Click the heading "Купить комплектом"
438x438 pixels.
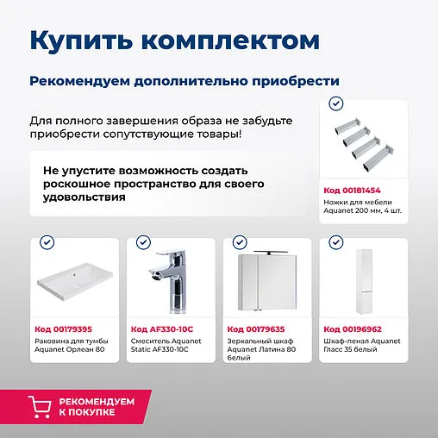point(174,41)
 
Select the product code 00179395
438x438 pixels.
point(63,328)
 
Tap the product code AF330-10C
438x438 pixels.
point(161,328)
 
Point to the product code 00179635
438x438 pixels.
point(255,328)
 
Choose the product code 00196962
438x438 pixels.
point(352,328)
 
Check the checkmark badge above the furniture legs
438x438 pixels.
point(336,104)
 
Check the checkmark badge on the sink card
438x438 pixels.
point(47,243)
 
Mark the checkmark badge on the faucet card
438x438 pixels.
point(143,243)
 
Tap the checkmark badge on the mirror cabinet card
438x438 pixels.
point(240,243)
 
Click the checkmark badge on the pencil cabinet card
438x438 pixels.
point(336,243)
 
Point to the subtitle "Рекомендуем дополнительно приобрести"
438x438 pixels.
point(184,80)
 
